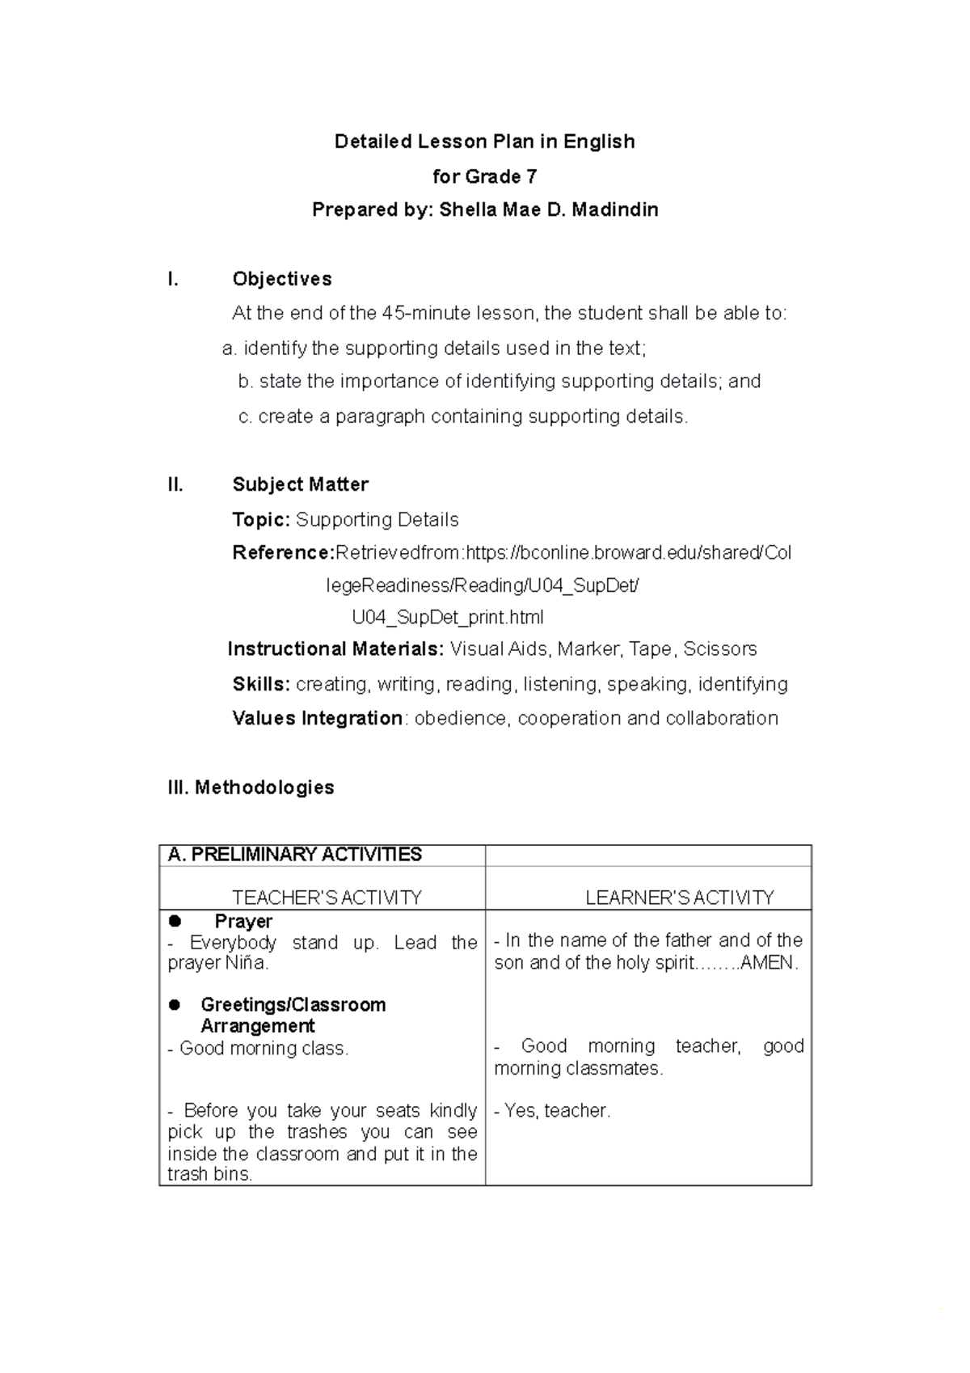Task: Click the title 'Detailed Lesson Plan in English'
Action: [484, 142]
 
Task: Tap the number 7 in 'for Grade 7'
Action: [531, 176]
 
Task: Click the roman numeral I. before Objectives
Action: [172, 279]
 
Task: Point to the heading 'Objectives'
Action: [281, 279]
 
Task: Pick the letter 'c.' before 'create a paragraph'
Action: [245, 416]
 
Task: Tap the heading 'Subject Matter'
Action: [300, 484]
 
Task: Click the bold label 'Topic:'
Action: [260, 519]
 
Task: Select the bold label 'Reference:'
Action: [283, 553]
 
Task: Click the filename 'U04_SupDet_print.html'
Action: [448, 618]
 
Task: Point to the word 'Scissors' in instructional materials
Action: [719, 649]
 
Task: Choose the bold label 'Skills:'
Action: [260, 684]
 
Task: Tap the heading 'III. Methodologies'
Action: [251, 788]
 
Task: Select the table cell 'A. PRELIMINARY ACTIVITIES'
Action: [294, 855]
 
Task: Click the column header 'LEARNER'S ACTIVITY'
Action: [679, 898]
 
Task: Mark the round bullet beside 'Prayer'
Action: [175, 921]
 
